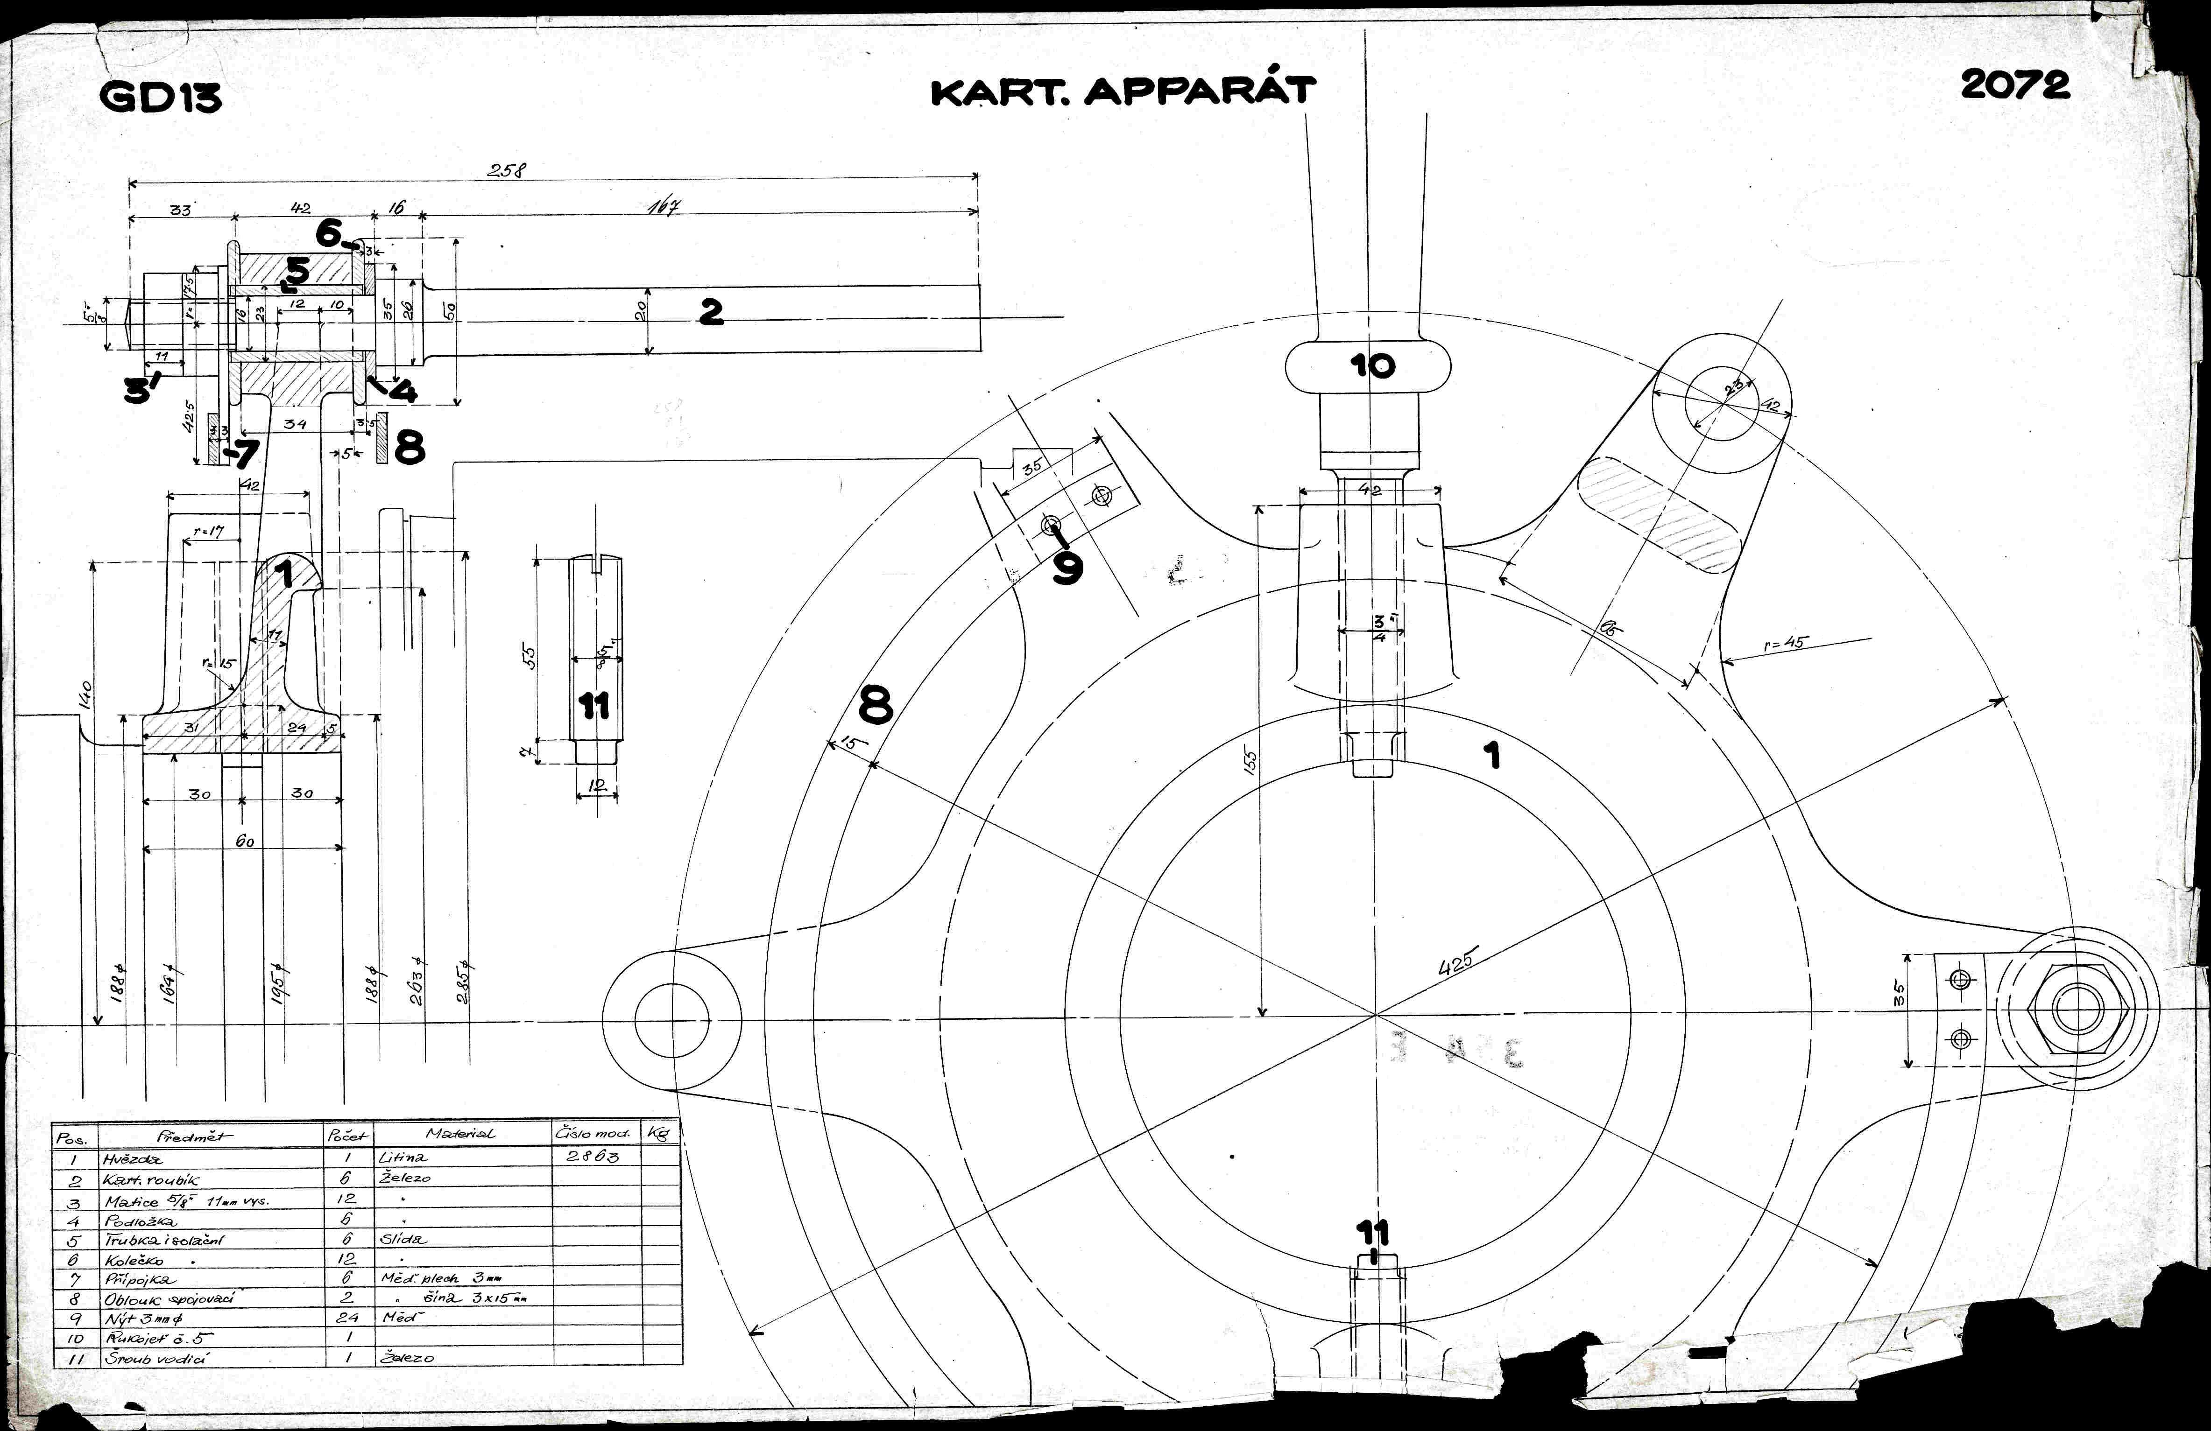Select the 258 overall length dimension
(x=507, y=170)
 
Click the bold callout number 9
(x=1067, y=568)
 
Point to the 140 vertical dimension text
(x=85, y=694)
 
